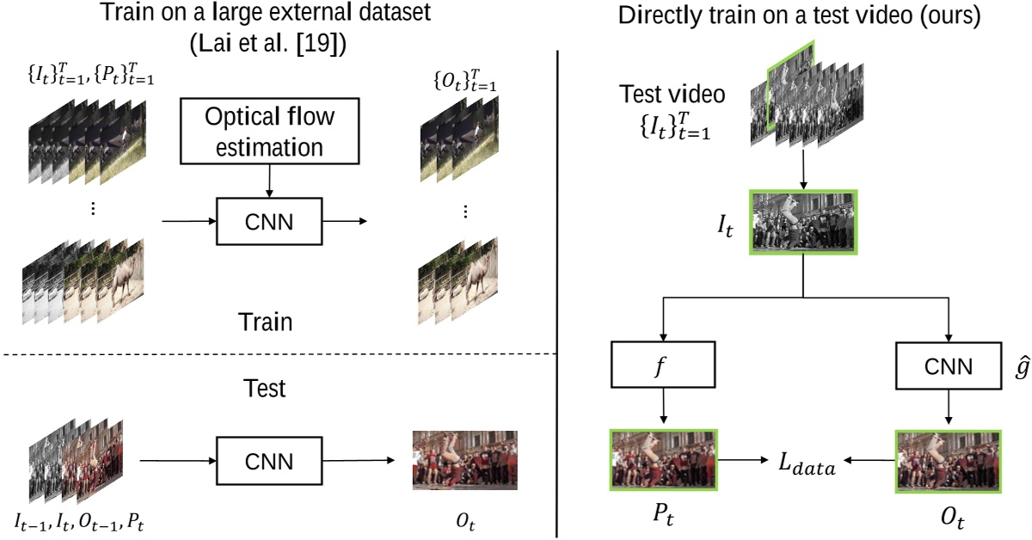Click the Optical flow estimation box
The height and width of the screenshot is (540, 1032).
tap(269, 132)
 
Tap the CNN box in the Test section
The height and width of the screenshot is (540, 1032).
tap(269, 461)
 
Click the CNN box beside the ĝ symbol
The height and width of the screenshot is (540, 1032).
tap(948, 367)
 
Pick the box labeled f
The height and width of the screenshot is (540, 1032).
tap(663, 367)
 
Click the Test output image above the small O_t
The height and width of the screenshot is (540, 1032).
tap(464, 460)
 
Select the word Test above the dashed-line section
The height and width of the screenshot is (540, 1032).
tap(264, 390)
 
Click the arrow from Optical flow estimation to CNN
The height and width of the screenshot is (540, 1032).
tap(269, 182)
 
